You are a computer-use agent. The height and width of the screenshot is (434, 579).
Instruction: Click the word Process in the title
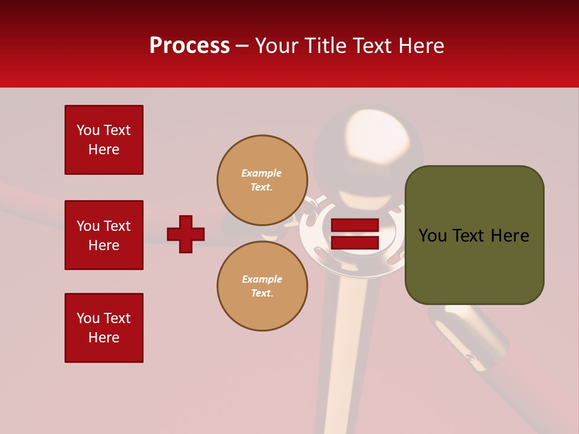click(189, 46)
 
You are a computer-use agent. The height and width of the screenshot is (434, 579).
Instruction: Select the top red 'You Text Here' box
click(104, 140)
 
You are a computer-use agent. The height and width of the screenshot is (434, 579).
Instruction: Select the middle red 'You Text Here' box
click(104, 235)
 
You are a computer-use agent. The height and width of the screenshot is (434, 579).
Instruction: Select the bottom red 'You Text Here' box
click(104, 328)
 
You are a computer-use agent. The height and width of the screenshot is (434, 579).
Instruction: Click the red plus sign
click(186, 234)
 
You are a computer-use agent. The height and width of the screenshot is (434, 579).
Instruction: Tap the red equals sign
click(355, 234)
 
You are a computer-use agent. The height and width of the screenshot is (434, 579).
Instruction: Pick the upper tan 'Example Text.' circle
click(262, 180)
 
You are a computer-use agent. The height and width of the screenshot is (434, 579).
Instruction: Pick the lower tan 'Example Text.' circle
click(262, 286)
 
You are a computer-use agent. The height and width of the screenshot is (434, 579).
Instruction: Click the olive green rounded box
click(474, 235)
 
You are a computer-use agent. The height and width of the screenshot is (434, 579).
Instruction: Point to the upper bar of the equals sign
click(355, 225)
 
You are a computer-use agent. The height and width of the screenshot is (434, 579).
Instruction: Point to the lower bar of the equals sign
click(355, 242)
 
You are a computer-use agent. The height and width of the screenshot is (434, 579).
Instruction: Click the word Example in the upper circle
click(261, 173)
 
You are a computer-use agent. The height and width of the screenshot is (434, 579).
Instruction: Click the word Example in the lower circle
click(262, 279)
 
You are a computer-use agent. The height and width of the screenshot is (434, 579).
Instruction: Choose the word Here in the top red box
click(104, 149)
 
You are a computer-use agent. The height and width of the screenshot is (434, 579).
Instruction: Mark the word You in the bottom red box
click(88, 318)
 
